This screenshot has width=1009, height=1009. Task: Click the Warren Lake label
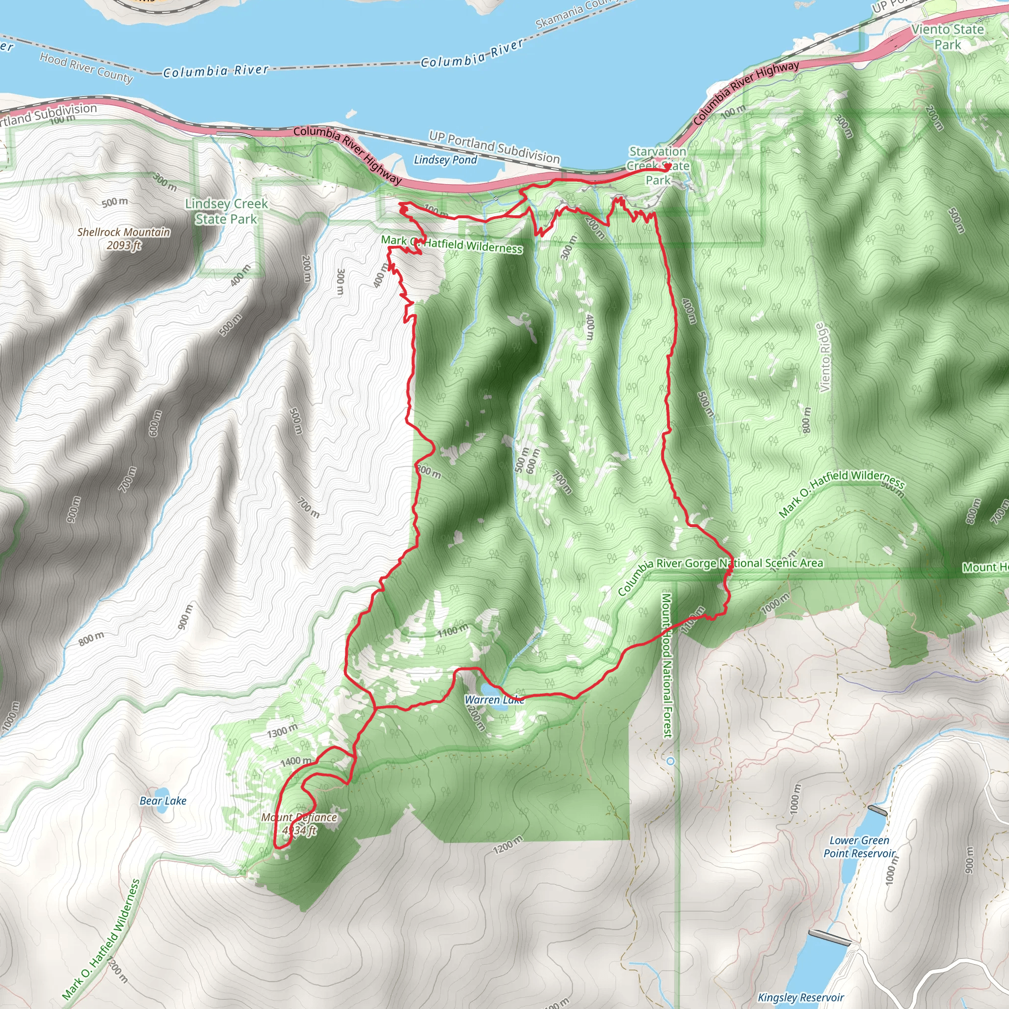point(494,700)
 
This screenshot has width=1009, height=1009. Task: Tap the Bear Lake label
point(163,801)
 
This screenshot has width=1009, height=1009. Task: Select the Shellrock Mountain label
point(124,238)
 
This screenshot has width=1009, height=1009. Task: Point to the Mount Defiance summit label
point(299,824)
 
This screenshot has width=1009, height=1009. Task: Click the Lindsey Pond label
point(445,160)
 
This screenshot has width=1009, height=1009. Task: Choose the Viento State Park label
point(947,36)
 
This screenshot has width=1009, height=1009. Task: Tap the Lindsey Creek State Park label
point(226,211)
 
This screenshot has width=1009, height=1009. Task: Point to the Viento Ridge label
point(824,357)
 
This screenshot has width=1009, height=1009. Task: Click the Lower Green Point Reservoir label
point(859,847)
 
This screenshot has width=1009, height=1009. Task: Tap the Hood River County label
point(86,67)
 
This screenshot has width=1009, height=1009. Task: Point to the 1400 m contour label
point(296,762)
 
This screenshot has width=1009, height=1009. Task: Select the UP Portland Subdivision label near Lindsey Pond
point(494,147)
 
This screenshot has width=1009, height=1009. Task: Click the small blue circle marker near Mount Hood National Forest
point(671,762)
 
